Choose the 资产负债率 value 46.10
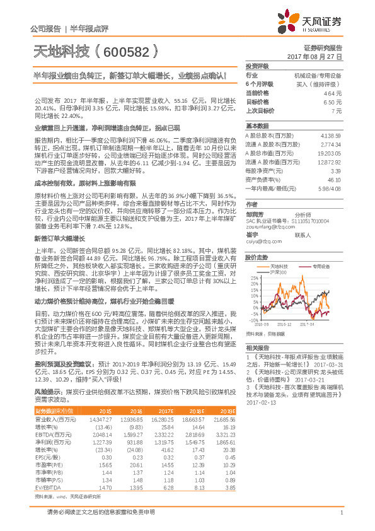tap(335, 180)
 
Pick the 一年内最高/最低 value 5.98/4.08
tap(330, 189)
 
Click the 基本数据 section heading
tap(257, 125)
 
